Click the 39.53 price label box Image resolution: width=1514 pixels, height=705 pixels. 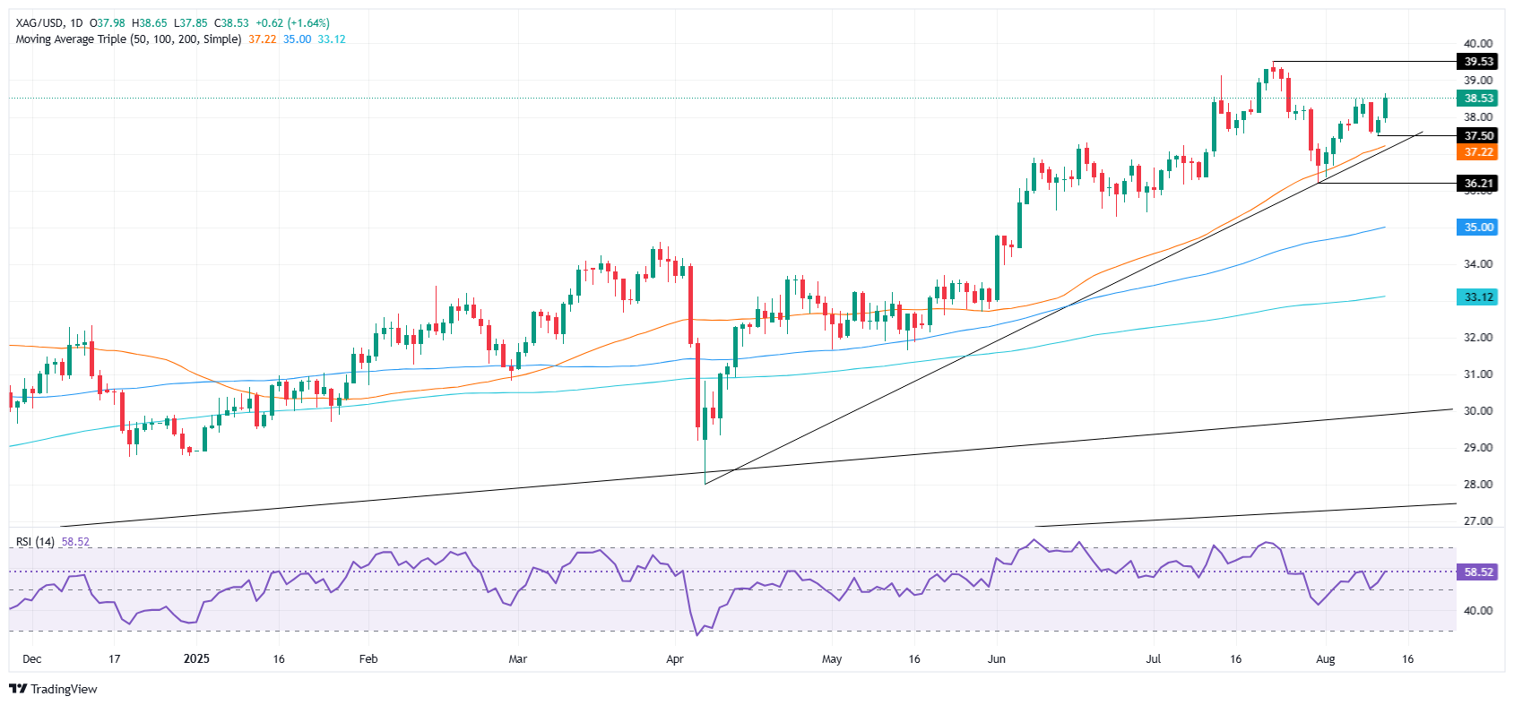pos(1478,62)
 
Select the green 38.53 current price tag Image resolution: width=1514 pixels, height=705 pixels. pos(1478,99)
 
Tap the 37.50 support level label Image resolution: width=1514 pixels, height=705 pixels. pos(1478,136)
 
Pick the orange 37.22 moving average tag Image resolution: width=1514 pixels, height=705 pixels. pos(1478,152)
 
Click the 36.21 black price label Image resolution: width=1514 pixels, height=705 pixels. pos(1478,184)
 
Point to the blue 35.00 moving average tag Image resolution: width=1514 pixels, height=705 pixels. pos(1478,228)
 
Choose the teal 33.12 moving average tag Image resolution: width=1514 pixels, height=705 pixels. pos(1478,297)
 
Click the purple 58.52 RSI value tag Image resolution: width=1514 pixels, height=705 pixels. pos(1478,572)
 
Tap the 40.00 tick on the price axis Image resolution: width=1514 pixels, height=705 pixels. pos(1478,43)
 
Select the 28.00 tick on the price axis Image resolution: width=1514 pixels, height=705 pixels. pos(1478,485)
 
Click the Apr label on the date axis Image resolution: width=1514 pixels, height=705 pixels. pos(675,659)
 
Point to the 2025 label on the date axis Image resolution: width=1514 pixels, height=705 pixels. pos(196,659)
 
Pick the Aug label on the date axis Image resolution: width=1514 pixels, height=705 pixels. pos(1325,659)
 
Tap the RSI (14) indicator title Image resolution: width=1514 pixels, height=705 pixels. pos(36,542)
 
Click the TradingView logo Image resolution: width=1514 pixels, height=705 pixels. pos(54,689)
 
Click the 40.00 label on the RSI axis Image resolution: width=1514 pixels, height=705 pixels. pos(1478,611)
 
